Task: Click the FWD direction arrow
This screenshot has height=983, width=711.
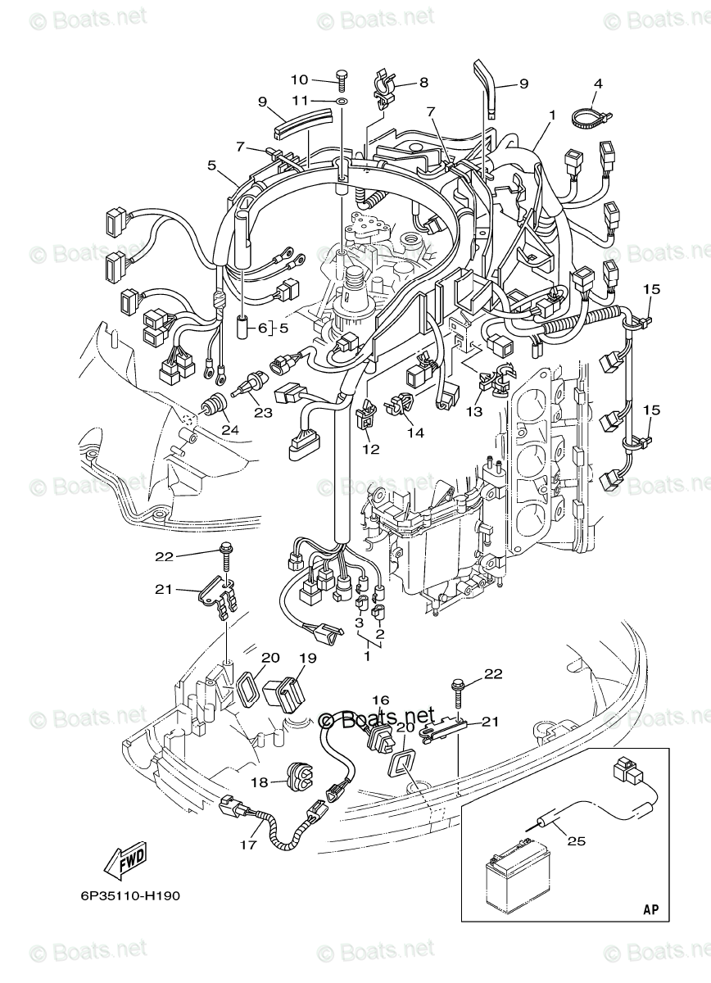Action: pos(125,861)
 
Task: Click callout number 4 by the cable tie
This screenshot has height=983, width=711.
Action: pos(598,84)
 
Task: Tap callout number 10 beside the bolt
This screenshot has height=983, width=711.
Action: pos(299,79)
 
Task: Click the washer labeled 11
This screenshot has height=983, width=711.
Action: pos(342,101)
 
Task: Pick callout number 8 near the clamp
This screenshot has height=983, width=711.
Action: pos(423,82)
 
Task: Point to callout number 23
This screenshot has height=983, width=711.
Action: pos(262,413)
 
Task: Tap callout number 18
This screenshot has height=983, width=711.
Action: pos(259,783)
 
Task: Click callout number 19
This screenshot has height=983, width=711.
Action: pos(307,658)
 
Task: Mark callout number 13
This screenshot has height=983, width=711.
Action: pos(474,412)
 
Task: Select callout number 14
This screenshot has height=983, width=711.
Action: pos(415,432)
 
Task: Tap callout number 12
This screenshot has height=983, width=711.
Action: pos(370,449)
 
